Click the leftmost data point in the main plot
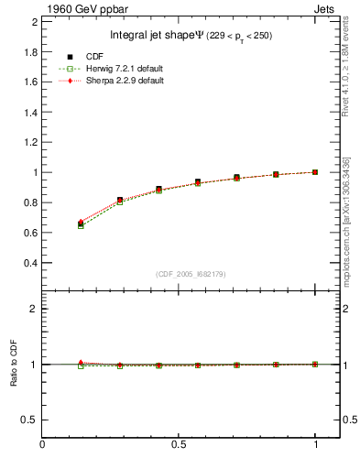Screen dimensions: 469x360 pyautogui.click(x=81, y=224)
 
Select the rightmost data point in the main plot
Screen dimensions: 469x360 pyautogui.click(x=316, y=172)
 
